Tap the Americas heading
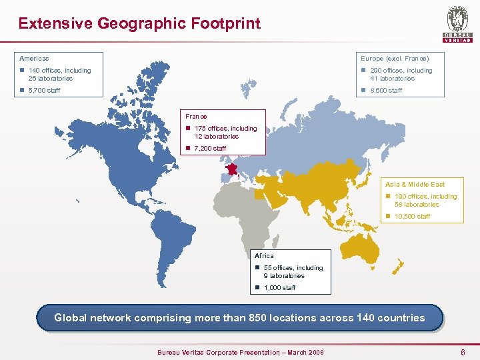coord(34,59)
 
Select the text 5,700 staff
coord(44,90)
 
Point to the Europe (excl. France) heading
coord(395,59)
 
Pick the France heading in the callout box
coord(196,116)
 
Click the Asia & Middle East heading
coord(415,184)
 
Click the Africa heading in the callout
coord(264,255)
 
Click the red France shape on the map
coord(231,169)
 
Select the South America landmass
coord(167,240)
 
